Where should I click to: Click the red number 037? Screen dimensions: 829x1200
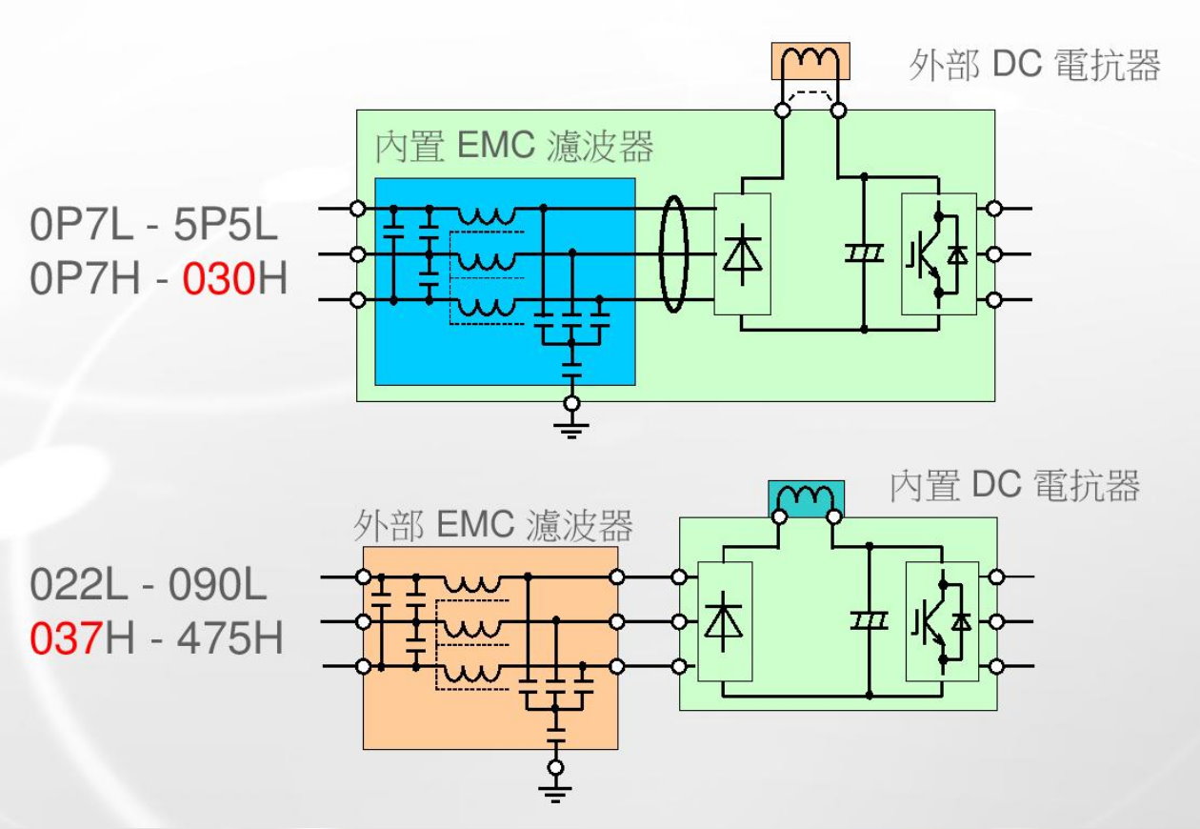(x=65, y=637)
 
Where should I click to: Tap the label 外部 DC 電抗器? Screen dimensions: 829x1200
(x=1034, y=66)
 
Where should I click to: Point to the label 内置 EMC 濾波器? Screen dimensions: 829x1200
(x=514, y=149)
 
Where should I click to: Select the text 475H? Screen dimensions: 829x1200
(x=217, y=637)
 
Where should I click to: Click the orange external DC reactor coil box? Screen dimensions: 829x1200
(x=810, y=62)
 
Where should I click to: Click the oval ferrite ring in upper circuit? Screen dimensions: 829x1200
(x=672, y=253)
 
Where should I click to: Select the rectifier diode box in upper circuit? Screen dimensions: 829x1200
(x=742, y=253)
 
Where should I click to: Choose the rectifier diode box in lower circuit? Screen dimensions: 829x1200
(x=725, y=621)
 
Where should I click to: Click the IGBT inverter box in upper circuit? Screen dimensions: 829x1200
(x=938, y=253)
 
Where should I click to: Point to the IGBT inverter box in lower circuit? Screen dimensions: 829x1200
(x=940, y=621)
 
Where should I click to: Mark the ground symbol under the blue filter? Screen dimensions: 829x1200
(x=571, y=426)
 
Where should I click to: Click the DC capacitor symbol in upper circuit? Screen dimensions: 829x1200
(x=865, y=253)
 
